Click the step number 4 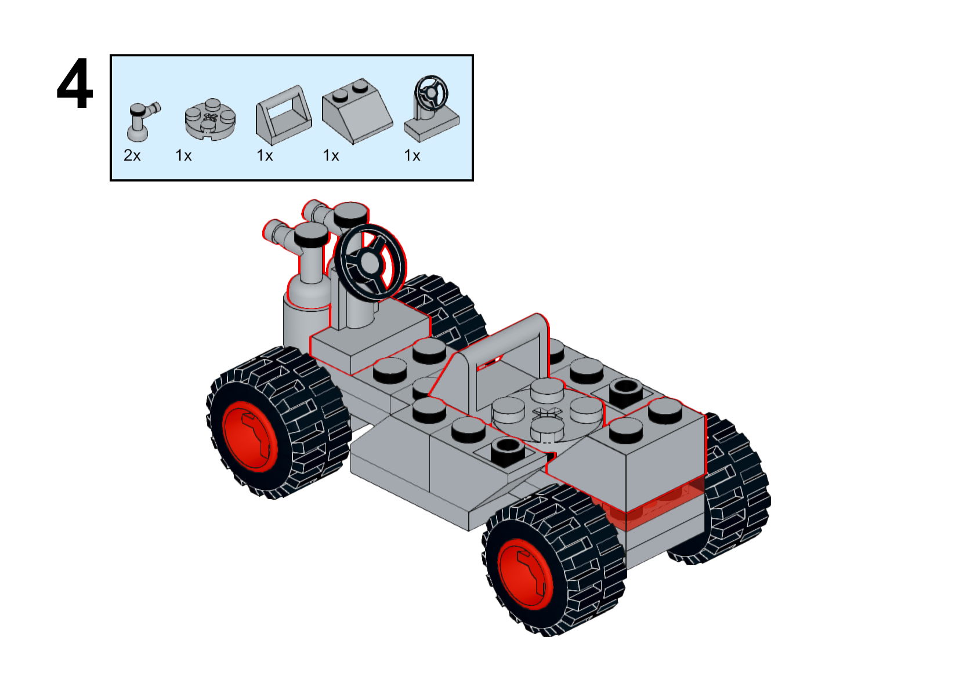coord(75,84)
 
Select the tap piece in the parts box coord(140,121)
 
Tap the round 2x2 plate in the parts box coord(210,118)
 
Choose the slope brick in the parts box coord(356,111)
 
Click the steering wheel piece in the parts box coord(432,110)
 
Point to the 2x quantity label coord(132,155)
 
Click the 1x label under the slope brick coord(331,155)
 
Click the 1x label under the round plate coord(183,155)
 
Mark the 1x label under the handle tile coord(265,155)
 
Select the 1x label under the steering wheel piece coord(412,155)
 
